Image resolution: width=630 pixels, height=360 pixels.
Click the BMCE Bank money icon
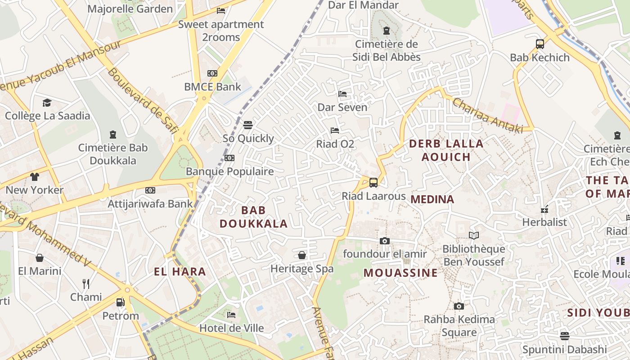tap(212, 73)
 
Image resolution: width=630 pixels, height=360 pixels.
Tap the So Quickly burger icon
tap(248, 125)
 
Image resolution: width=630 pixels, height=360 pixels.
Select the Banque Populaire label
tap(229, 171)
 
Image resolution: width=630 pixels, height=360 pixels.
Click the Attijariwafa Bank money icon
tap(150, 190)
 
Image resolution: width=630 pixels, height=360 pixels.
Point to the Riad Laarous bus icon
tap(373, 182)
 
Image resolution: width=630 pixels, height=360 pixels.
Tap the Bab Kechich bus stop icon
tap(540, 44)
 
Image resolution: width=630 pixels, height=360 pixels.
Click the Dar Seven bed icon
tap(342, 94)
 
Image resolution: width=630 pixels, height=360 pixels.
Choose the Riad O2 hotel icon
tap(335, 130)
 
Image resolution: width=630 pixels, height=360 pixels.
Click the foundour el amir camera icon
tap(384, 241)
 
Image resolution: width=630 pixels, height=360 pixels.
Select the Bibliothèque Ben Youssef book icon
tap(473, 235)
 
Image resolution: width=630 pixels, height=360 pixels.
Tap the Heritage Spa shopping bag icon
tap(302, 255)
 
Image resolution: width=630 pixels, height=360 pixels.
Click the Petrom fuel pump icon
tap(120, 302)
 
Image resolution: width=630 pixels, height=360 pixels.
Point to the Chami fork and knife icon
tap(86, 283)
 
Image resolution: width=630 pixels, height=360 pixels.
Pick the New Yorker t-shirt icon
tap(35, 176)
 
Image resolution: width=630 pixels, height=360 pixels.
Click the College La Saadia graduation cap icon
tap(47, 103)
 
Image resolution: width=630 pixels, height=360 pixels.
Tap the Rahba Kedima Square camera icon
tap(459, 306)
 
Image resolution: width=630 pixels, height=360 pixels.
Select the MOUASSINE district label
tap(400, 273)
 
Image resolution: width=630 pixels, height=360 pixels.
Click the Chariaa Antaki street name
tap(488, 116)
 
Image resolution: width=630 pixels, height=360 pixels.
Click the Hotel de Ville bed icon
tap(231, 315)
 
